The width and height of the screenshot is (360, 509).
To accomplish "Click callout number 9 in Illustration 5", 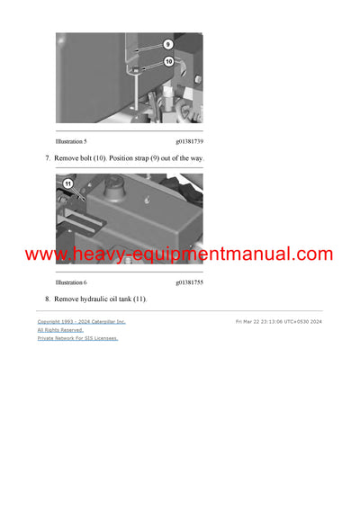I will (x=168, y=43).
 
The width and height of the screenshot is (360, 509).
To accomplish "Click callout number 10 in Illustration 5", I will (x=168, y=61).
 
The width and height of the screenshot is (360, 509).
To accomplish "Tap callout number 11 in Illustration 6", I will (x=67, y=183).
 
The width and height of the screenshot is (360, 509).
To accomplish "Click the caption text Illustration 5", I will (x=72, y=141).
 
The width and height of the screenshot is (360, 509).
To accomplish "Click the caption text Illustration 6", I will (x=72, y=282).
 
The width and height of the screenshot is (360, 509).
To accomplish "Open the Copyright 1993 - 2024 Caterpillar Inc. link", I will (x=81, y=321).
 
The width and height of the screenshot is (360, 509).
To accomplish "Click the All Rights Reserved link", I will (x=59, y=330).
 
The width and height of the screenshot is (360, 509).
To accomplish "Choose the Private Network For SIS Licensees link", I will (x=77, y=338).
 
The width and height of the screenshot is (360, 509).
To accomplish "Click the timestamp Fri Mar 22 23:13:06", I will (x=270, y=321).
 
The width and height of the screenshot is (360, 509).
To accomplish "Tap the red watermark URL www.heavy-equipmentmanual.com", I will (x=179, y=254).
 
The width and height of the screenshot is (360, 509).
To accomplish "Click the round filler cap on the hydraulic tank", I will (x=117, y=192).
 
